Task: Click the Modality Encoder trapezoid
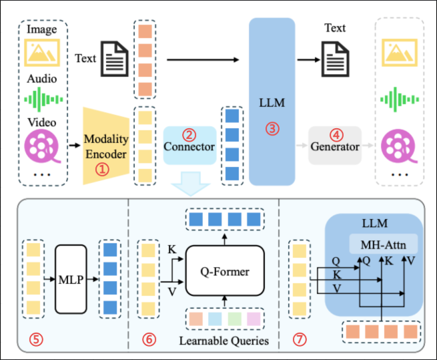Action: (x=105, y=146)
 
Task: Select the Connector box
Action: (x=189, y=146)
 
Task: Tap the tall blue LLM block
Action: (x=272, y=100)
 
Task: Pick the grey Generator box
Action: (x=334, y=146)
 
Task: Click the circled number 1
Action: (x=101, y=169)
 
